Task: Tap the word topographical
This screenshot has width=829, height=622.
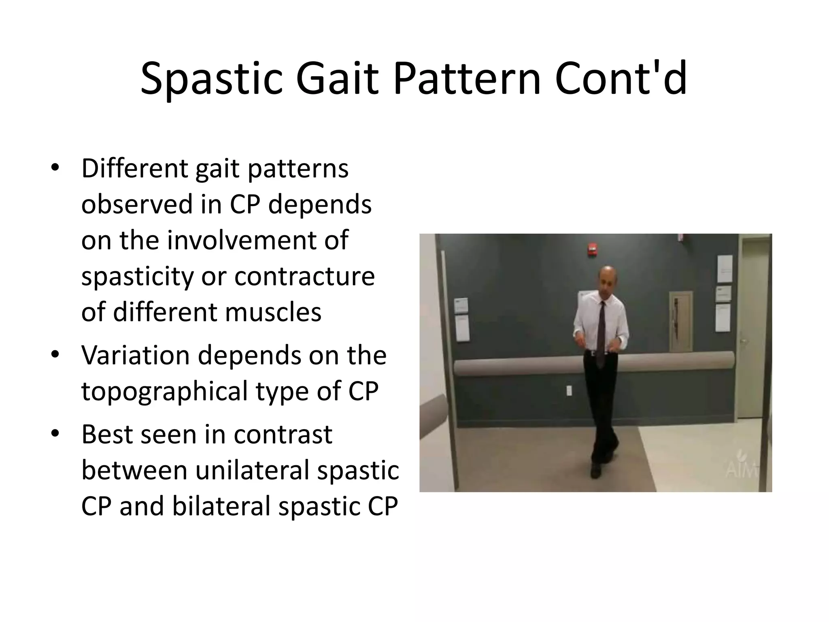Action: point(164,392)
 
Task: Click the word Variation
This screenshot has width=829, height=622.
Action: point(136,355)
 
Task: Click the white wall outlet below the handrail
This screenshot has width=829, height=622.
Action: point(569,391)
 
